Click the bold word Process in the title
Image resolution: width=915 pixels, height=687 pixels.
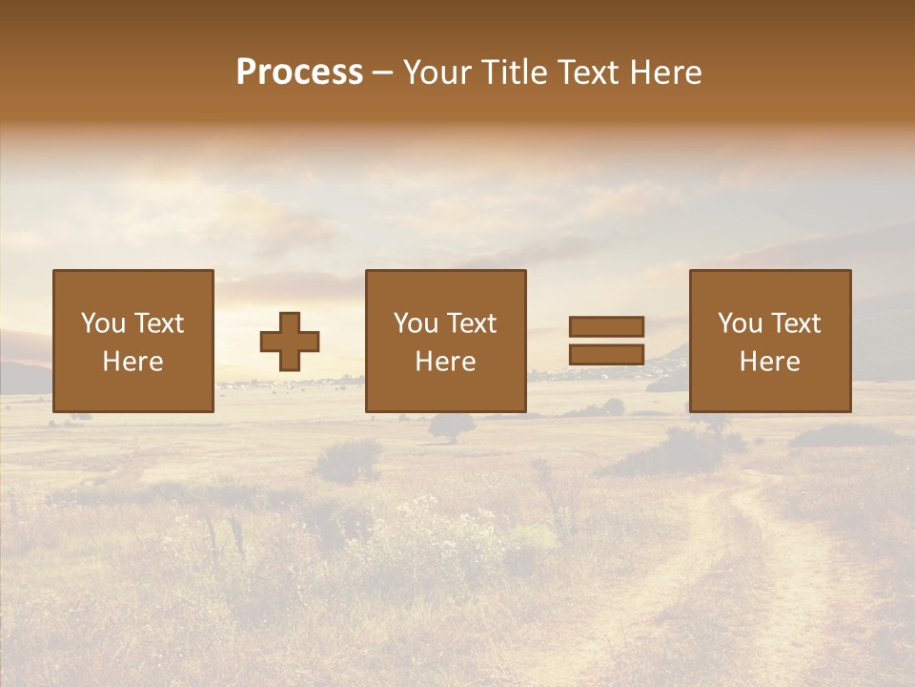[x=299, y=73]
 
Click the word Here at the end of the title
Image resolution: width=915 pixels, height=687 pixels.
[x=666, y=73]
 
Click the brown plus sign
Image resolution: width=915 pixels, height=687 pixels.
[x=290, y=342]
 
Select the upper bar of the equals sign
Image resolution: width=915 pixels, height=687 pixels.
[x=606, y=326]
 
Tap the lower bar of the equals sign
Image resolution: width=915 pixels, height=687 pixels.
[x=606, y=355]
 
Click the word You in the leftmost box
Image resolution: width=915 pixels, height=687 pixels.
[x=103, y=323]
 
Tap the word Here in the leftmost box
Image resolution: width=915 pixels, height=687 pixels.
[x=132, y=362]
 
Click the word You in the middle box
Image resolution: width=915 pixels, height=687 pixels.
[x=416, y=323]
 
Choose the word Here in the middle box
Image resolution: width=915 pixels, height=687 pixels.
[x=445, y=362]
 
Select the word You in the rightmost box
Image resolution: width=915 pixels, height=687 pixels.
[x=740, y=323]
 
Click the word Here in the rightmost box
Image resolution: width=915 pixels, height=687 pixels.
[x=769, y=362]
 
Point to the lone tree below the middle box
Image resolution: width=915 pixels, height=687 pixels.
[x=451, y=427]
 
